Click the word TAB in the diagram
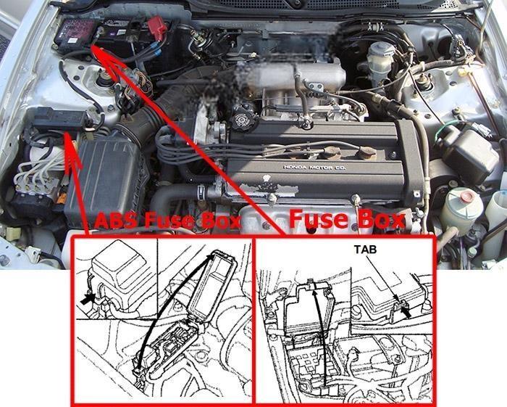[365, 250]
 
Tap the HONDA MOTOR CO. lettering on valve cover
[314, 168]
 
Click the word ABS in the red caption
[116, 221]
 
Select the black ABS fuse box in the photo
[59, 119]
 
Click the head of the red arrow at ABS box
[72, 149]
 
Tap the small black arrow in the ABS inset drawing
[87, 299]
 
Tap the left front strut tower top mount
[104, 78]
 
